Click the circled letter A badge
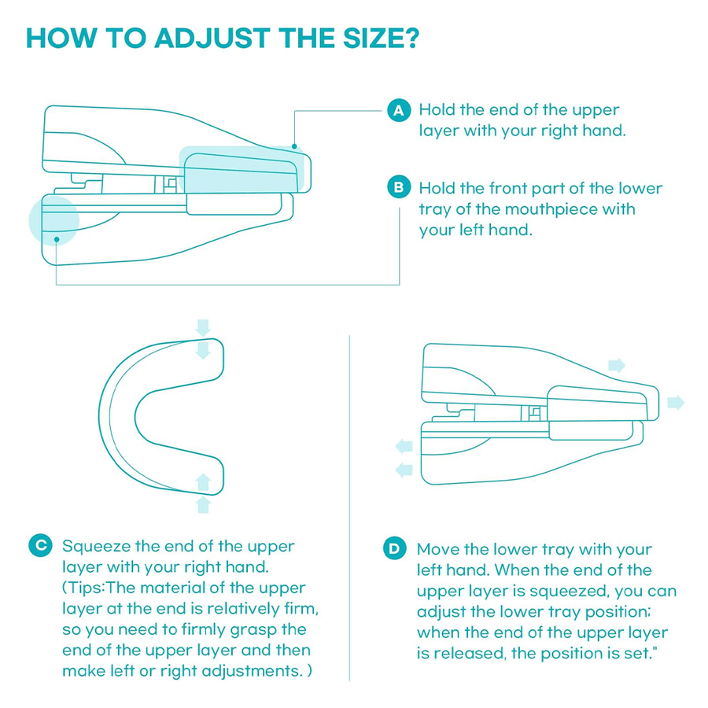(x=399, y=110)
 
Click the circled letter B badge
(x=399, y=188)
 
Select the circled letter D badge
(x=394, y=549)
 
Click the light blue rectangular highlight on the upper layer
(x=241, y=170)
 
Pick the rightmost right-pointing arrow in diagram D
(x=675, y=403)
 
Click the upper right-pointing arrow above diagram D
(x=617, y=365)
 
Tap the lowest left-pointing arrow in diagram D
(x=404, y=470)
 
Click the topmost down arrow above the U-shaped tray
(x=203, y=326)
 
